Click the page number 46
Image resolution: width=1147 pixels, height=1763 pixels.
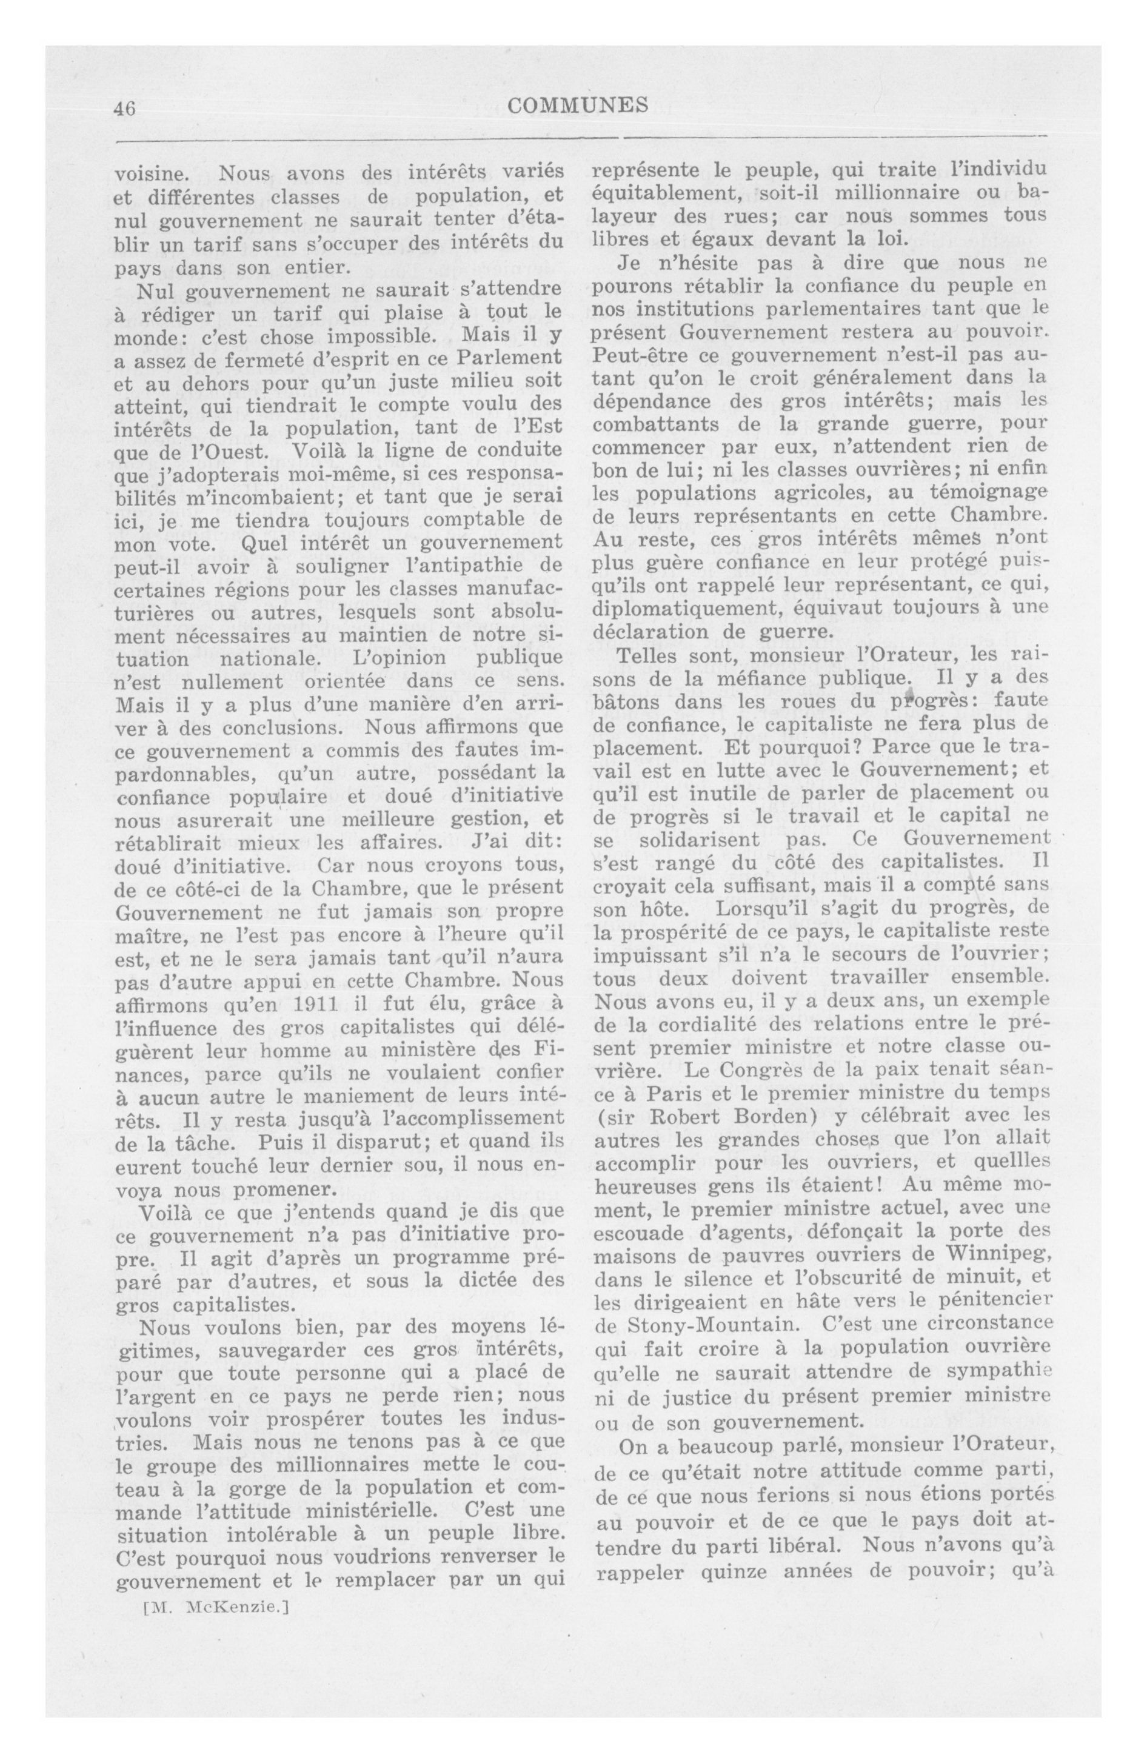(124, 108)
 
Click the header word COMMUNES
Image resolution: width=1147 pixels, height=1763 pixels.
(578, 106)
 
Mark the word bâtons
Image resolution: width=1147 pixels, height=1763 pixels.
(628, 701)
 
